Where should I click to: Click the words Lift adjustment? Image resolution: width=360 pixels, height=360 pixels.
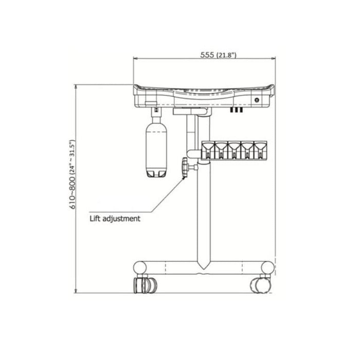[x=115, y=219]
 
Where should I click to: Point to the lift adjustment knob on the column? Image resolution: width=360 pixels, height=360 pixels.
[x=185, y=168]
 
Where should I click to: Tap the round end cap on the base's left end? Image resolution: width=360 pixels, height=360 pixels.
[x=140, y=267]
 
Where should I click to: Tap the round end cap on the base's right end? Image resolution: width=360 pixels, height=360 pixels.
[x=267, y=267]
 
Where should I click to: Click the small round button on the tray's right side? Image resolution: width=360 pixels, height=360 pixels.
[x=256, y=100]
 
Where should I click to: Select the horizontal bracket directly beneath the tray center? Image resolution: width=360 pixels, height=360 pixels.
[x=191, y=111]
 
